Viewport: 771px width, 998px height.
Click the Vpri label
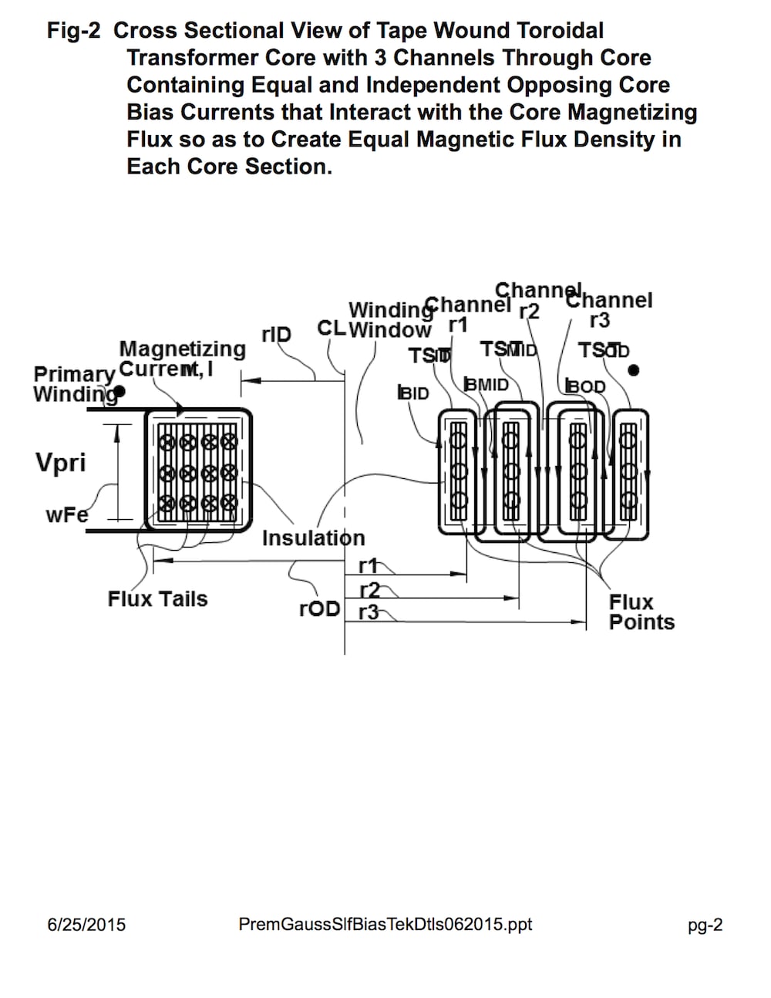point(60,463)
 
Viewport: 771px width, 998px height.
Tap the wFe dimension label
point(66,514)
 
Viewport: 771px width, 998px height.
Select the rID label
point(276,334)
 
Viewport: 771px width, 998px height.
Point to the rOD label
point(319,609)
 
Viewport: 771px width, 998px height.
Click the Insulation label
point(313,538)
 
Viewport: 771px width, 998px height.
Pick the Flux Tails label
point(157,598)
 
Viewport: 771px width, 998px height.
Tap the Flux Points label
point(641,612)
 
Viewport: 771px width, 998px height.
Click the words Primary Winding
point(74,383)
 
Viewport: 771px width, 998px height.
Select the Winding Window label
point(390,320)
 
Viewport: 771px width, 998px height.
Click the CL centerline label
point(331,328)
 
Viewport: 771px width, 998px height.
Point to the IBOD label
point(585,386)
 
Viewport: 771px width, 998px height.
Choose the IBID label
point(413,393)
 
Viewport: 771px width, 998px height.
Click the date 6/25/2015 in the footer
point(86,924)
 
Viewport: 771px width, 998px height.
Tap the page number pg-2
point(705,925)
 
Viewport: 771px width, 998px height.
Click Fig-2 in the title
point(74,31)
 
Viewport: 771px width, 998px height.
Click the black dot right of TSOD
point(634,370)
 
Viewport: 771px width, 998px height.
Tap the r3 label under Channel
point(599,319)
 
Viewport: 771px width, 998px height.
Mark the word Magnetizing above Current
point(183,349)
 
